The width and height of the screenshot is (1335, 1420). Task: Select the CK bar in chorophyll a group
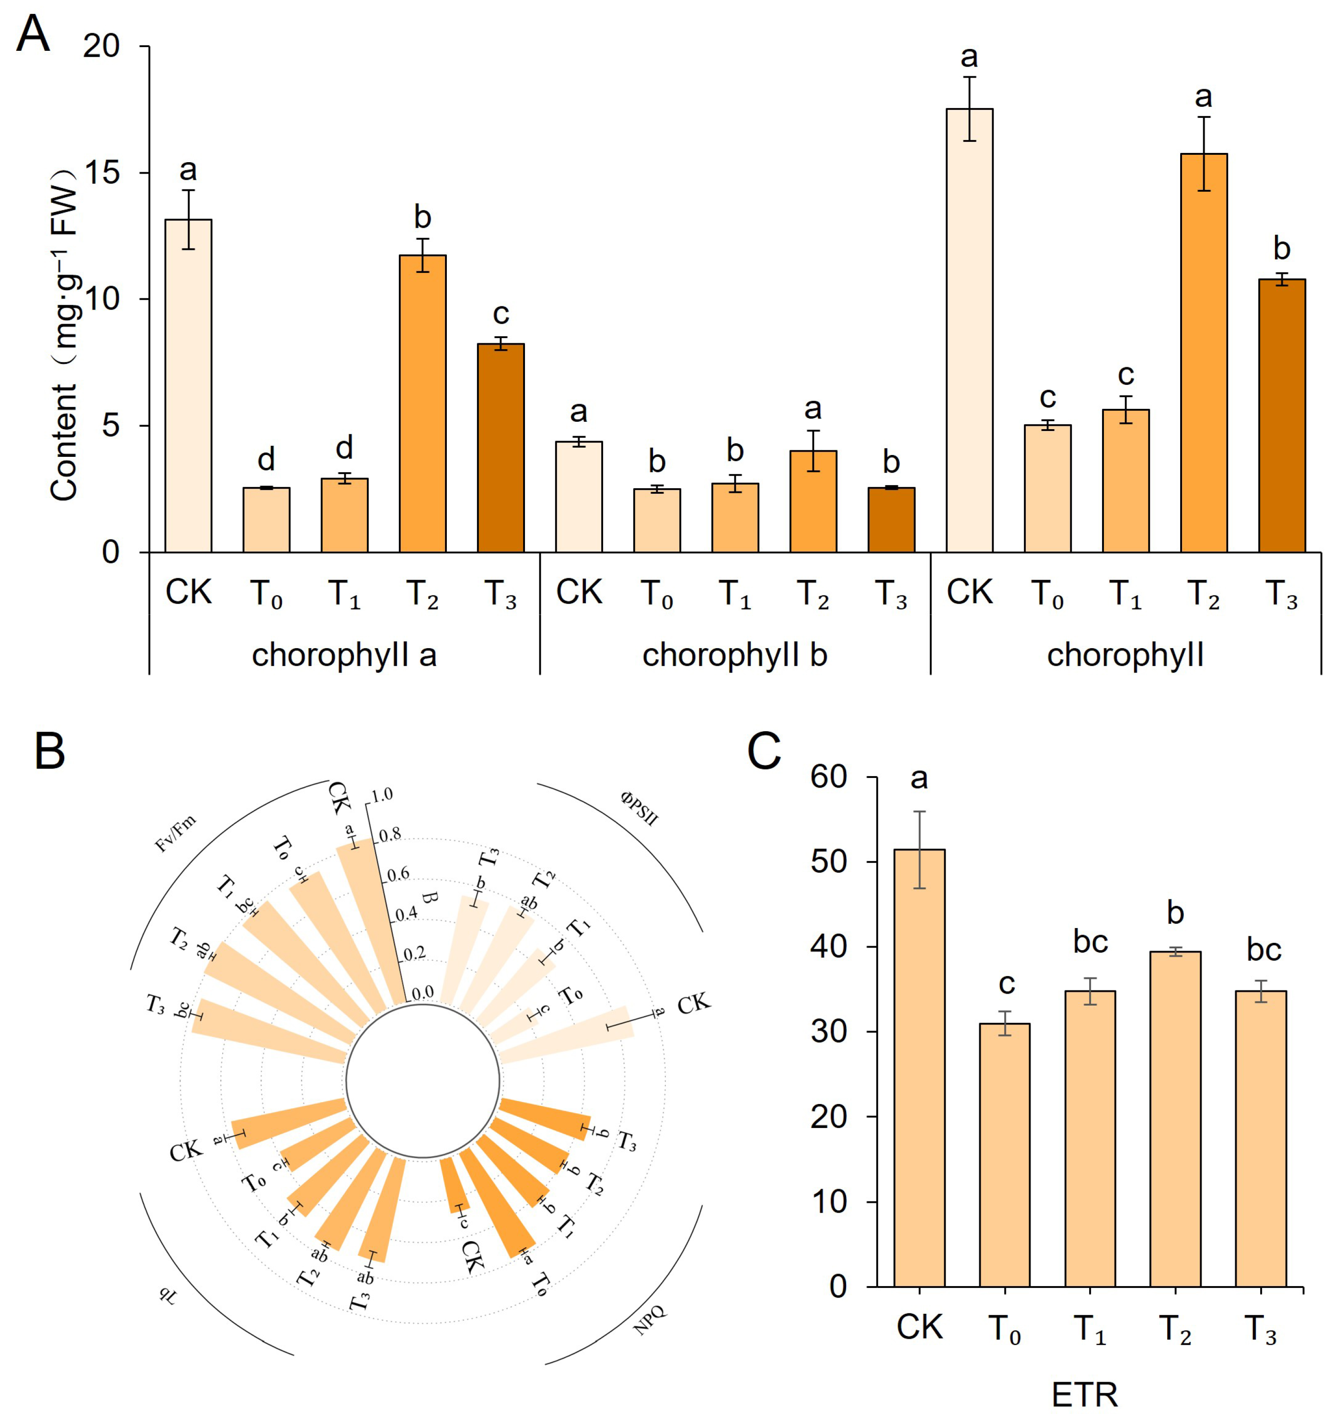[x=188, y=386]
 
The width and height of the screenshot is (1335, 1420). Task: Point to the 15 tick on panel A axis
[x=101, y=174]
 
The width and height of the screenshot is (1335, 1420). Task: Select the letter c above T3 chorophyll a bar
[x=500, y=314]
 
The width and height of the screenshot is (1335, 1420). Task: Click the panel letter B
[x=49, y=752]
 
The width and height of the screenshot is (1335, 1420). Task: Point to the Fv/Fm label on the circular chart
[x=175, y=834]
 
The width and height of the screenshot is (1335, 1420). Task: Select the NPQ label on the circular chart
[x=649, y=1320]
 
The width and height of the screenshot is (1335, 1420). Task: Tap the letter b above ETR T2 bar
[x=1175, y=913]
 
